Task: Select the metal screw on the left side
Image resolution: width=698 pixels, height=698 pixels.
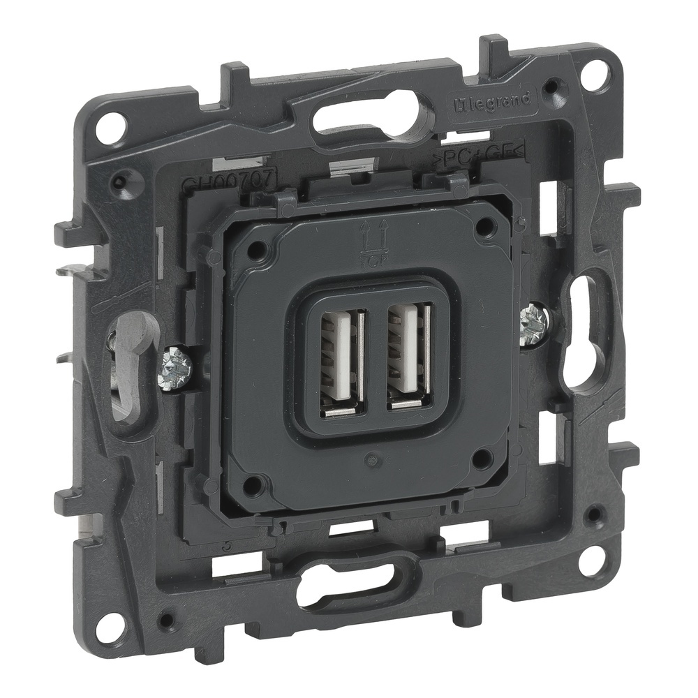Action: click(x=174, y=365)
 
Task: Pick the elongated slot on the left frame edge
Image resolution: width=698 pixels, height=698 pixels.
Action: click(x=127, y=363)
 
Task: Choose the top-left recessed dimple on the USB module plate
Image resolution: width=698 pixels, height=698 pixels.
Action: click(x=258, y=247)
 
